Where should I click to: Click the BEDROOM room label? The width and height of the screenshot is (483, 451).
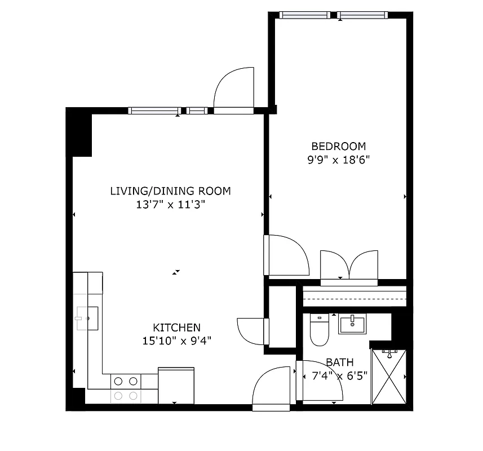(x=339, y=147)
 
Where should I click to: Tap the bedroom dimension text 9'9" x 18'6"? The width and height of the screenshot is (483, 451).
(x=338, y=160)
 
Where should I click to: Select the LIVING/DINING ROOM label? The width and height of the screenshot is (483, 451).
(x=170, y=191)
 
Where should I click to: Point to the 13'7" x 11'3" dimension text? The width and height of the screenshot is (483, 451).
(x=170, y=204)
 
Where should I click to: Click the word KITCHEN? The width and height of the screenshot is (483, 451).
(x=177, y=328)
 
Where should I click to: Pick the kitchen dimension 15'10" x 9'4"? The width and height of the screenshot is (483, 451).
(x=177, y=341)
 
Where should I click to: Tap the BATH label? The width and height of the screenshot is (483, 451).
(x=337, y=362)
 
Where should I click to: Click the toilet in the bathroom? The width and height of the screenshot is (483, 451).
(x=319, y=330)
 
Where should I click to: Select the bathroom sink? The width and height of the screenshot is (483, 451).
(x=352, y=324)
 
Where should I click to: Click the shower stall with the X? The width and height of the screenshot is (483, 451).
(x=388, y=377)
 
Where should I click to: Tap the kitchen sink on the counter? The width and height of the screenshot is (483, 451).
(x=87, y=318)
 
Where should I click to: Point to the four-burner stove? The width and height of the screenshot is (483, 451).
(x=126, y=388)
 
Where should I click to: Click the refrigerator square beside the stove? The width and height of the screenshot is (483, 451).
(x=176, y=386)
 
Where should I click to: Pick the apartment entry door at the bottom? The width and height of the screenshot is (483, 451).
(x=272, y=388)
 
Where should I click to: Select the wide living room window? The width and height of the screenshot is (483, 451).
(x=154, y=110)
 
